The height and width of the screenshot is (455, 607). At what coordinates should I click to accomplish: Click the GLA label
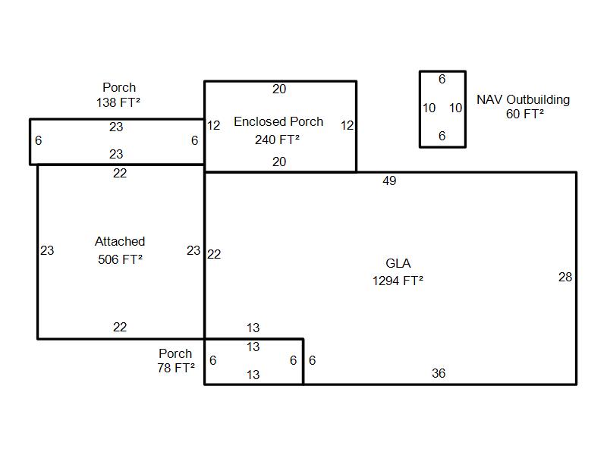[x=398, y=263]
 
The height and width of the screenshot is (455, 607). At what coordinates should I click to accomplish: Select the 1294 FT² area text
[x=398, y=281]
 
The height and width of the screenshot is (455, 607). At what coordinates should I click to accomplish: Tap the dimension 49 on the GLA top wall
[x=389, y=180]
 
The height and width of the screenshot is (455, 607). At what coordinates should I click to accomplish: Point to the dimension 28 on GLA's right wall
[x=565, y=277]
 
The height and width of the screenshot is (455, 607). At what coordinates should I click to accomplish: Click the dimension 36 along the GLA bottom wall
[x=439, y=373]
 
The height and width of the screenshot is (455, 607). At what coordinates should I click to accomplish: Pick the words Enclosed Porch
[x=278, y=121]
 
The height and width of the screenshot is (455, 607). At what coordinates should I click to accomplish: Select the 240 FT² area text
[x=277, y=140]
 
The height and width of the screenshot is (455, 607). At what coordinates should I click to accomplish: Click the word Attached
[x=120, y=241]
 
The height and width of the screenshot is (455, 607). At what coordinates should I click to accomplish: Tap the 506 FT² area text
[x=120, y=259]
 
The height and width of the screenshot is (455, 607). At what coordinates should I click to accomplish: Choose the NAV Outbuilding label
[x=523, y=100]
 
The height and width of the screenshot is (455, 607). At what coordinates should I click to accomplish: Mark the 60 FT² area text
[x=524, y=115]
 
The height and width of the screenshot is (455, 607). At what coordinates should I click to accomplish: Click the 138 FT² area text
[x=118, y=102]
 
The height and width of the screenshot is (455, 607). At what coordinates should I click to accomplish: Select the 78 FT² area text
[x=176, y=368]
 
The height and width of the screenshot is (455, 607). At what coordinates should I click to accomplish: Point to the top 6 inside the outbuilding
[x=442, y=80]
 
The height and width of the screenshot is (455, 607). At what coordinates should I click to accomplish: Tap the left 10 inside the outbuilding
[x=429, y=108]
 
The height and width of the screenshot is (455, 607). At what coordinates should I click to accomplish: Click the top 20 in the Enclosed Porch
[x=279, y=89]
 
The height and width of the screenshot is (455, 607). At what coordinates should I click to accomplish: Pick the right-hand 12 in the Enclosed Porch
[x=348, y=125]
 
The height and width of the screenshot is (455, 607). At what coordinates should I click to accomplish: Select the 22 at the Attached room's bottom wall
[x=120, y=328]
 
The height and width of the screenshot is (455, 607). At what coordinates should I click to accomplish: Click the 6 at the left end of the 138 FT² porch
[x=39, y=140]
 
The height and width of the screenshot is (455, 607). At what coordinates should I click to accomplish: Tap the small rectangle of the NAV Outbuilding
[x=442, y=71]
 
